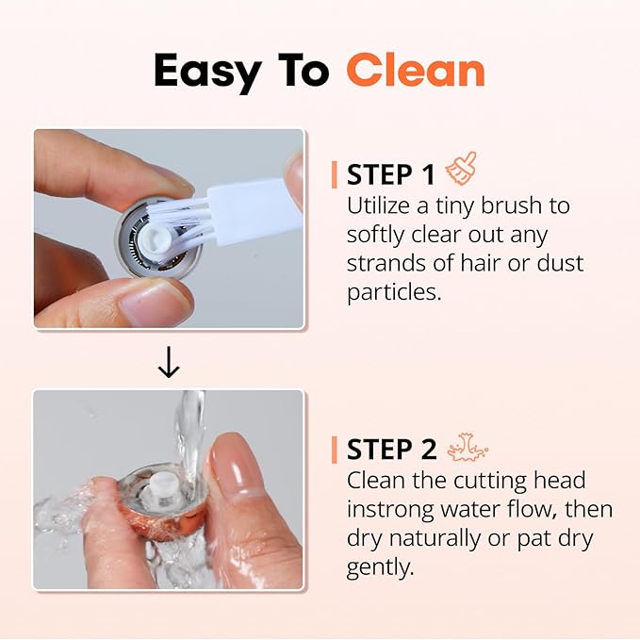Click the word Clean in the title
pos(416,70)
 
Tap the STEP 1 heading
pos(391,174)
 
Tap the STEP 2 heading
pos(392,449)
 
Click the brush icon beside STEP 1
pos(461,170)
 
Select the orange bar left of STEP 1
pos(335,174)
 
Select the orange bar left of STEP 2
pos(335,450)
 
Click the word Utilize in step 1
pos(381,205)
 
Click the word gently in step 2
pos(381,567)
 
